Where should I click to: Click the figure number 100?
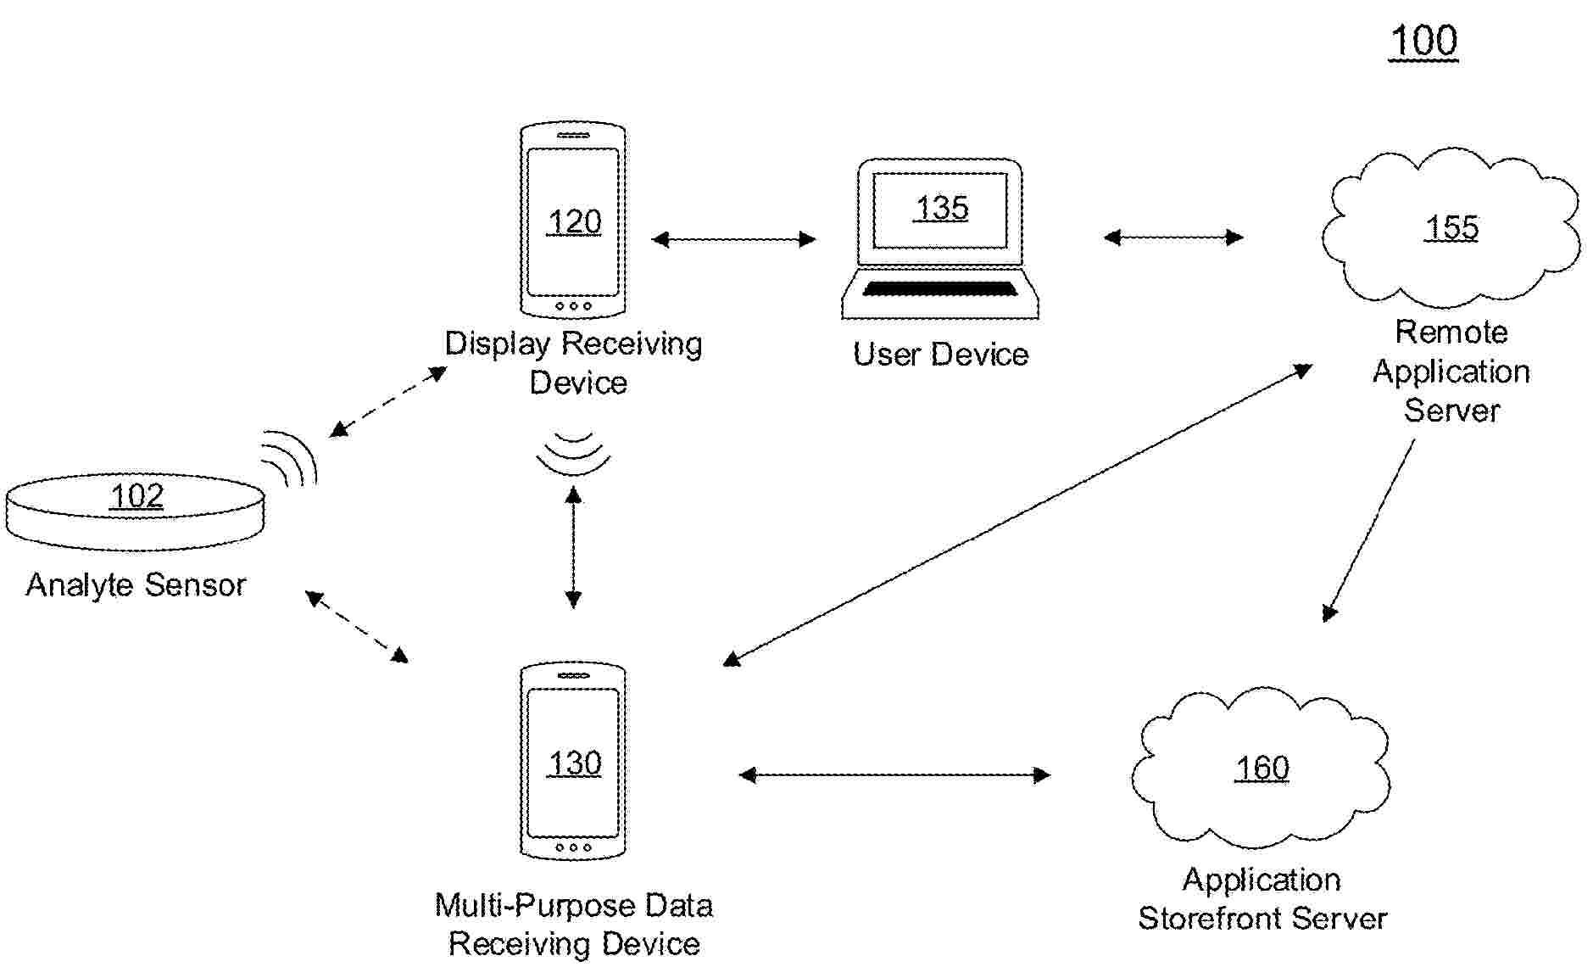tap(1423, 41)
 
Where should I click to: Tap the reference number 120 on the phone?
tap(574, 222)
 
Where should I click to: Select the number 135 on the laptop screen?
tap(941, 208)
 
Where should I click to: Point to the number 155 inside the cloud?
tap(1451, 227)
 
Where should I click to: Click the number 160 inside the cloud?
tap(1262, 768)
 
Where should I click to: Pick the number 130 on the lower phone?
tap(574, 763)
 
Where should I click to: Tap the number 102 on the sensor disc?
tap(136, 496)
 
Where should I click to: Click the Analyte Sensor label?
tap(136, 584)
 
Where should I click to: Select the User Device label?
tap(940, 354)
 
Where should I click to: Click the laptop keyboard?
tap(940, 289)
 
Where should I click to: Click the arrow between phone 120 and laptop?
tap(733, 239)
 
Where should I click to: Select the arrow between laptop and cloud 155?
tap(1173, 238)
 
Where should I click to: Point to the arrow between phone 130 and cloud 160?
tap(894, 774)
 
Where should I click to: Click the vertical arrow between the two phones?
tap(573, 547)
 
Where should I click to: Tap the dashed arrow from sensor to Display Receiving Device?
tap(388, 401)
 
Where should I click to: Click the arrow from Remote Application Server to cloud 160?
tap(1369, 530)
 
